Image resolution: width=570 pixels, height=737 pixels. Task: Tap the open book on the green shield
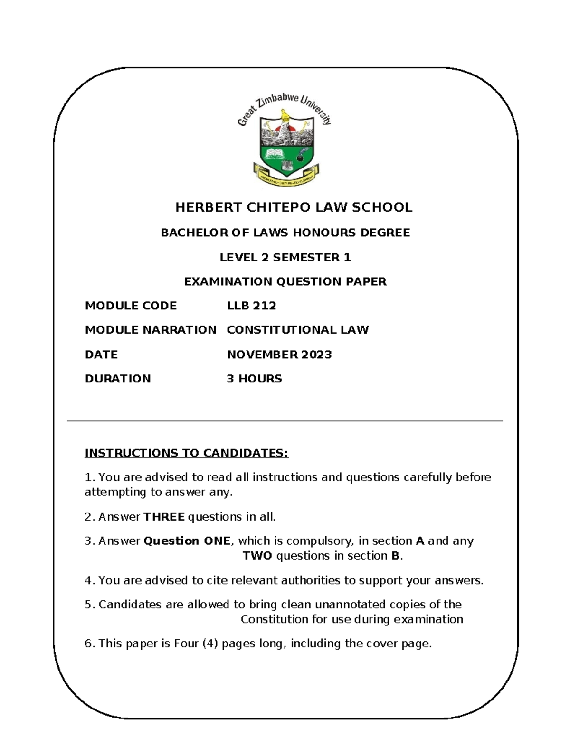(273, 153)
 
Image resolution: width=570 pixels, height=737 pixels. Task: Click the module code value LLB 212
(251, 306)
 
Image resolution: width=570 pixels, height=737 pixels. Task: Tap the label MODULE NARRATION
(151, 330)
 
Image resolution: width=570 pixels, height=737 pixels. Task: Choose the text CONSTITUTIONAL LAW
(297, 330)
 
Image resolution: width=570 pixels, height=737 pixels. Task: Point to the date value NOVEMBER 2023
(279, 355)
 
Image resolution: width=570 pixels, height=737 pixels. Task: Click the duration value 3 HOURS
(254, 379)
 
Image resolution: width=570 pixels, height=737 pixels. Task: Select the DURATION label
(118, 379)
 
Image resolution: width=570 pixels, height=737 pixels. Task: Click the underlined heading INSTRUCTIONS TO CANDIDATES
(186, 453)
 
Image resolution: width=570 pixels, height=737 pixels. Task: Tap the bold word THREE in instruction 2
(164, 517)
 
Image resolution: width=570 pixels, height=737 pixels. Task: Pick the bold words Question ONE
(187, 541)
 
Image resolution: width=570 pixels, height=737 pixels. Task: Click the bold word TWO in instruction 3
(257, 556)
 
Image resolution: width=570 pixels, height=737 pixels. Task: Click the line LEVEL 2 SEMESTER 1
(285, 258)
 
